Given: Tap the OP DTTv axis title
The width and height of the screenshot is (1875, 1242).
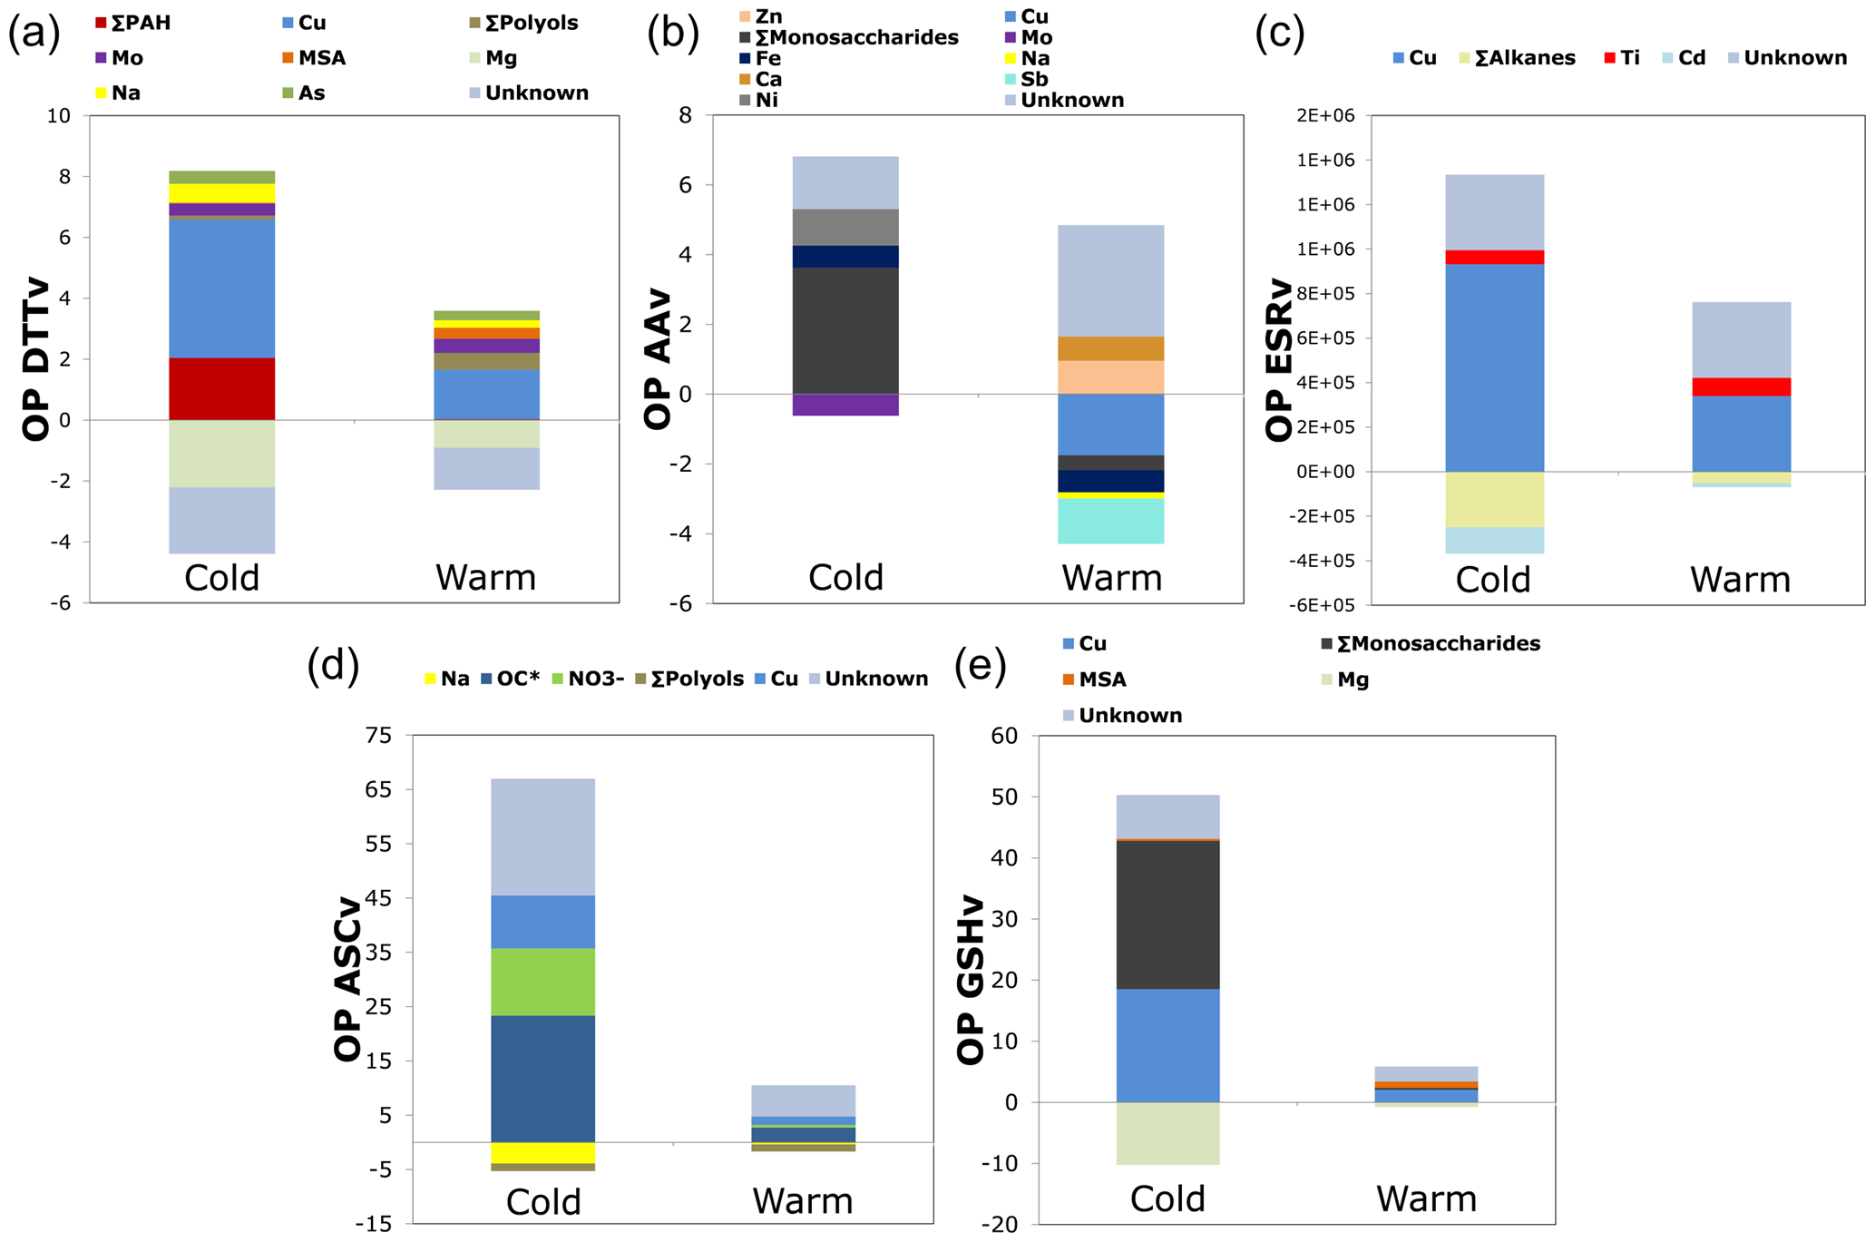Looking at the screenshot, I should [x=36, y=359].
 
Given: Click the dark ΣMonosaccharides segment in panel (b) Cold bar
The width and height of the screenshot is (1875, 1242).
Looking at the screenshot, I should [x=845, y=330].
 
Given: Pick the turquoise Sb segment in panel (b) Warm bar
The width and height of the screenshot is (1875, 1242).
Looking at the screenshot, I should [x=1111, y=521].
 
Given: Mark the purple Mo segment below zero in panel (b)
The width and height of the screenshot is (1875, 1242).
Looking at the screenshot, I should [x=845, y=405].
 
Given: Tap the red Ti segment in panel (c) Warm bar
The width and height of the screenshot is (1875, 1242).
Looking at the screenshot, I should [x=1741, y=386].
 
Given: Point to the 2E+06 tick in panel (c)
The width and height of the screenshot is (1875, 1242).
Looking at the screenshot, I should [x=1330, y=116].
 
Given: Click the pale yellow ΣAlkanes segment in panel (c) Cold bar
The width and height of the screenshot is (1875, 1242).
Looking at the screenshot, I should [x=1494, y=499].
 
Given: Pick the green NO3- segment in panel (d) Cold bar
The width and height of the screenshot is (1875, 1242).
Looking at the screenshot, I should [x=542, y=982].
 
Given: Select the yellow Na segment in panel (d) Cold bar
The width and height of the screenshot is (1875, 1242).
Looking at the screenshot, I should [x=542, y=1152].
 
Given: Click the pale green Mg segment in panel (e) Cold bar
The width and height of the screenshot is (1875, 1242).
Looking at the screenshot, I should [x=1167, y=1133].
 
